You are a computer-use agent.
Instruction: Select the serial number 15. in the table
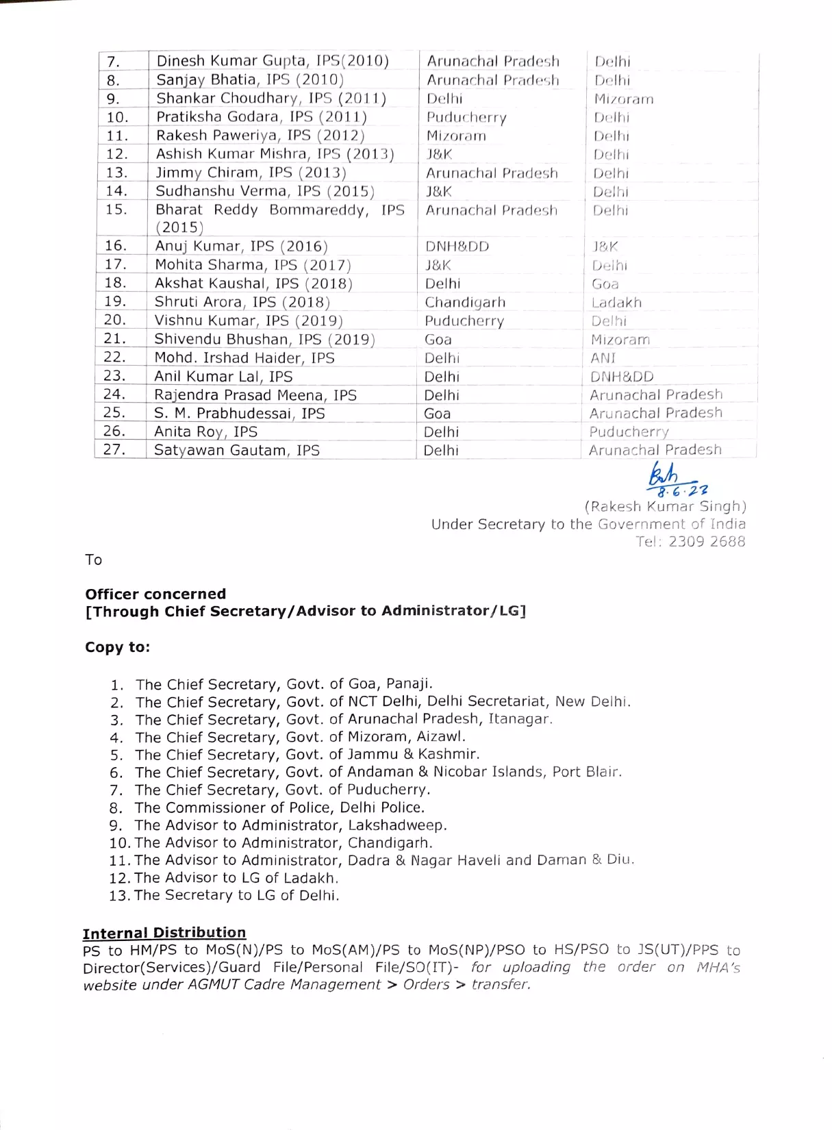pos(116,210)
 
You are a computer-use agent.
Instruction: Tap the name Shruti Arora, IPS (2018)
pos(242,302)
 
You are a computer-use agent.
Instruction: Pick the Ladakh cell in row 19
pos(616,303)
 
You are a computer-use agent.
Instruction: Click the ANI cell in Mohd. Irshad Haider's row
pos(603,358)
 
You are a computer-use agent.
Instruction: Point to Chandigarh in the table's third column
pos(465,303)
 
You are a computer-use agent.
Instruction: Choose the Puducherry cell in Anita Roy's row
pos(629,432)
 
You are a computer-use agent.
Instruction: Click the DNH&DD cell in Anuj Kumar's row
pos(457,247)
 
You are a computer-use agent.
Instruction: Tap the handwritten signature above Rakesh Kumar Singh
pos(664,473)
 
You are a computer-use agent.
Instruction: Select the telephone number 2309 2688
pos(707,542)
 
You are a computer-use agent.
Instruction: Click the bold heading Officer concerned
pos(155,594)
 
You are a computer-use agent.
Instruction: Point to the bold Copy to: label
pos(117,647)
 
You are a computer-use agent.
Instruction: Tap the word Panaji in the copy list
pos(409,683)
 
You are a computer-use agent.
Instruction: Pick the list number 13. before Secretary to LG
pos(119,896)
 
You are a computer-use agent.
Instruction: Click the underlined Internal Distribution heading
pos(164,933)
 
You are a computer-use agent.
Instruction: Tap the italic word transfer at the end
pos(500,985)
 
